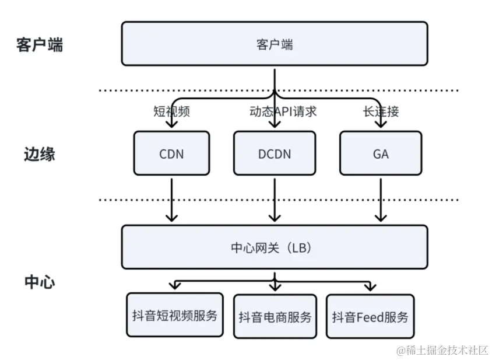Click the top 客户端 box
274,44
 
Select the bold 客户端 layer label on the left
40,45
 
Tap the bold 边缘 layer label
40,154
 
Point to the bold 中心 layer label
40,282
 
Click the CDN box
171,153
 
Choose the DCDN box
274,153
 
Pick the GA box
381,153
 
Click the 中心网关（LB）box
274,247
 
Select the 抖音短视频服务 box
175,315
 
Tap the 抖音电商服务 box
275,317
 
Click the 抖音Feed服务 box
370,317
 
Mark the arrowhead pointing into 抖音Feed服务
368,288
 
